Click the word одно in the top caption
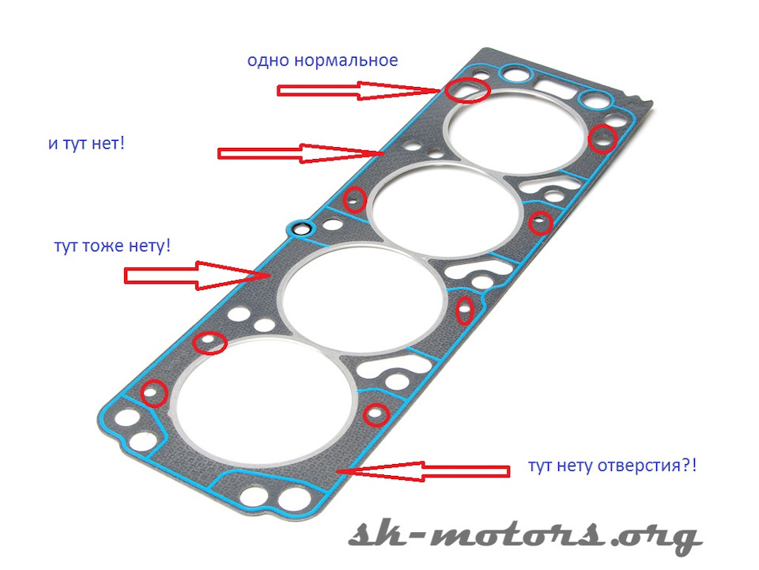coord(268,60)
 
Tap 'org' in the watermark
coord(660,538)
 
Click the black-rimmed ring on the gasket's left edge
coord(300,230)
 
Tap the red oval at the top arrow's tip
coord(466,89)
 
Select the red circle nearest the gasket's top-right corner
coord(603,139)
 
